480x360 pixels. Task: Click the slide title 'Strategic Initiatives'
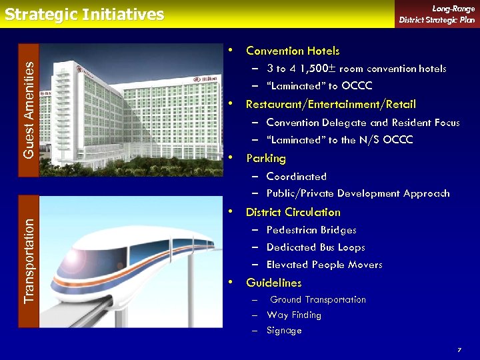tap(84, 15)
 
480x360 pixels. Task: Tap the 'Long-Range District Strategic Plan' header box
tap(437, 14)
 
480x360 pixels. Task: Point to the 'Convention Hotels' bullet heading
tap(293, 51)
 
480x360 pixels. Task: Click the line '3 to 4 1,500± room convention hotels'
tap(356, 69)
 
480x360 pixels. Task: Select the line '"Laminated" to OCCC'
tap(319, 86)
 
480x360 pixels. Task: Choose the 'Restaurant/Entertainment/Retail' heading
tap(331, 104)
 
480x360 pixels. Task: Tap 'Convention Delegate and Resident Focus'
tap(363, 123)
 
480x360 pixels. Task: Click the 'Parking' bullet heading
tap(266, 159)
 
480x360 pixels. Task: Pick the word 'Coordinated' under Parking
tap(297, 177)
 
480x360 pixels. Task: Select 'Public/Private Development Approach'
tap(358, 194)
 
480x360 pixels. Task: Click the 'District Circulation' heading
tap(293, 212)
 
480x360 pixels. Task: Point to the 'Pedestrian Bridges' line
tap(311, 230)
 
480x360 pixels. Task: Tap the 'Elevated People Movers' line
tap(324, 265)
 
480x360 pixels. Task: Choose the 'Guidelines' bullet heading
tap(273, 283)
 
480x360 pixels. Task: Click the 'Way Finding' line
tap(294, 315)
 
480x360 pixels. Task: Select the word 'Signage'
tap(284, 331)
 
